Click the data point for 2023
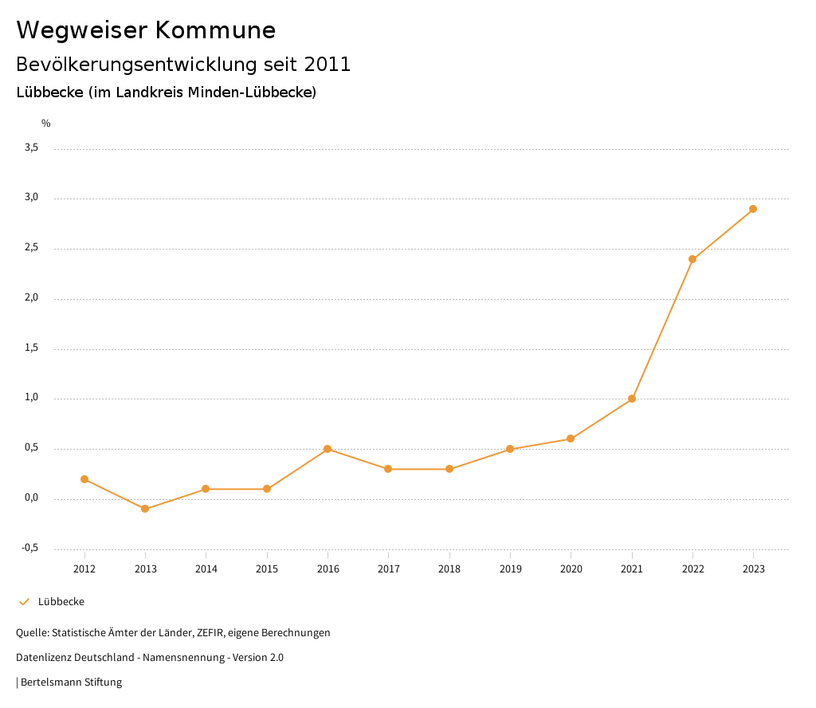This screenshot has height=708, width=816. pos(753,209)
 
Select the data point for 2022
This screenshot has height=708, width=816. pos(692,259)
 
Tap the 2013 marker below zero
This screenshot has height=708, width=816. pos(145,509)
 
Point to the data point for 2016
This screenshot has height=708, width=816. pos(328,449)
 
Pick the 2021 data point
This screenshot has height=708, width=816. pos(632,399)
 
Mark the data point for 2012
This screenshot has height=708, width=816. pos(84,479)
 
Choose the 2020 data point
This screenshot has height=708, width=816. pos(571,439)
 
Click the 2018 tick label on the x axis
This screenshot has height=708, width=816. pos(449,568)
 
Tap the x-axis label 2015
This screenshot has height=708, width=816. pos(267,568)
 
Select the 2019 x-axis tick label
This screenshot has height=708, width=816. pos(510,568)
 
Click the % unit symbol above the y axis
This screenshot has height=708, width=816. pos(46,124)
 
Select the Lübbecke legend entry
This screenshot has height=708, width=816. pos(61,602)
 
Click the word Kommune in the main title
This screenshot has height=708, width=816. pos(215,30)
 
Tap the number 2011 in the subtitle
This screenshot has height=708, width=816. pos(328,65)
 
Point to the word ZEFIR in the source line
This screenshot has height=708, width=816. pos(207,633)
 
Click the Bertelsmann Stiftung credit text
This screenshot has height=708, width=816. pos(71,682)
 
